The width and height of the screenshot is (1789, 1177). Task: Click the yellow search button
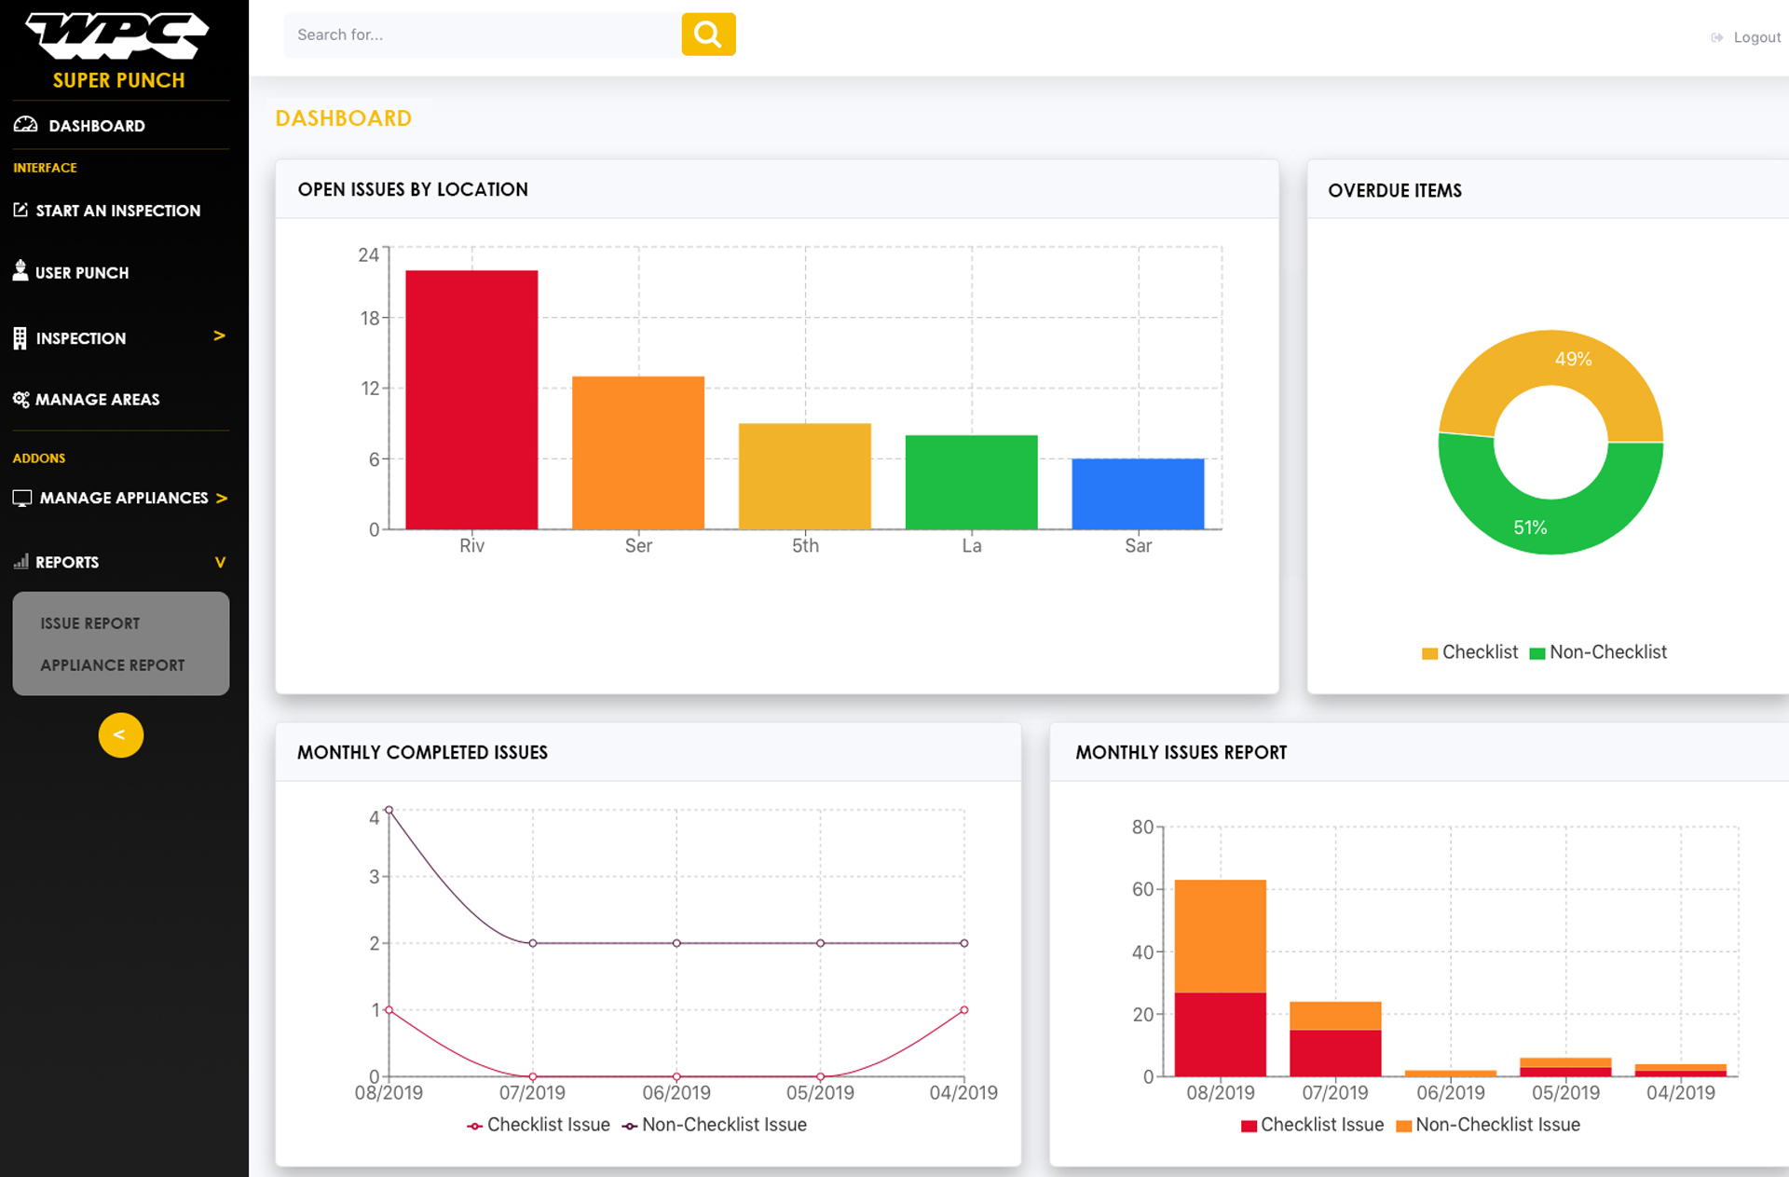(x=708, y=34)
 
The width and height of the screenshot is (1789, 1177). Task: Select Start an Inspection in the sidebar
(x=117, y=211)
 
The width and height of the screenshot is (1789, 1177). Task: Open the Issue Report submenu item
(x=90, y=623)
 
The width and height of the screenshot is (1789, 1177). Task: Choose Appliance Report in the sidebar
(x=113, y=665)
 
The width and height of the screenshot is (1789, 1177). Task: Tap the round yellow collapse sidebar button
(x=121, y=735)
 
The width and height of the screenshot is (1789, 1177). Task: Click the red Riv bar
(x=471, y=400)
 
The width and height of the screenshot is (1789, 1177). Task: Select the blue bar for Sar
(x=1138, y=494)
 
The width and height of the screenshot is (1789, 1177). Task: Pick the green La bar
(x=971, y=482)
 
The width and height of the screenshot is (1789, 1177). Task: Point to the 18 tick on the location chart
(x=370, y=319)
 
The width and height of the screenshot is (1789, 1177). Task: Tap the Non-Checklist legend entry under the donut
(x=1598, y=652)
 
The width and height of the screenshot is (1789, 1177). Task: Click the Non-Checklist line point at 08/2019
(x=389, y=810)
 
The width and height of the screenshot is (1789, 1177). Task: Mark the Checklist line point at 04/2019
(x=964, y=1010)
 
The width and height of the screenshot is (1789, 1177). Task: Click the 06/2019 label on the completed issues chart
(x=676, y=1092)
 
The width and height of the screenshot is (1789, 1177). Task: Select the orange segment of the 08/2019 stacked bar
(x=1220, y=936)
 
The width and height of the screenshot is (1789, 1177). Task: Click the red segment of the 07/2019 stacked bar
(x=1335, y=1053)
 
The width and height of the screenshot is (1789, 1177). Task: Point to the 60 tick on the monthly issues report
(x=1142, y=889)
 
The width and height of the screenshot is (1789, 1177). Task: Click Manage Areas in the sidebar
(x=97, y=400)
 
